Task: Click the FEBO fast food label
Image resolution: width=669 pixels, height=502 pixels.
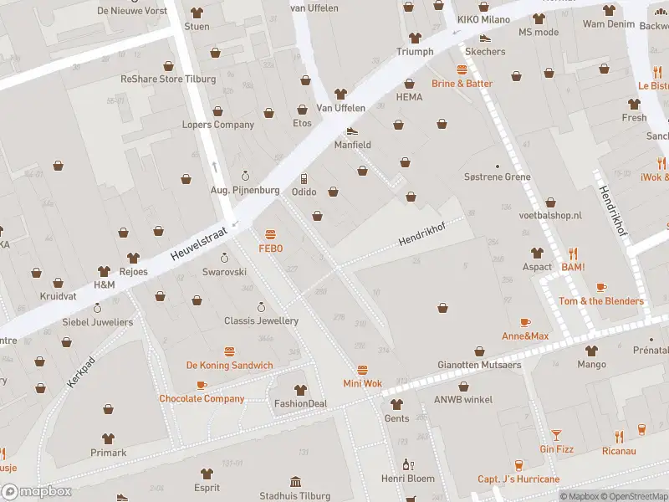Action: tap(270, 248)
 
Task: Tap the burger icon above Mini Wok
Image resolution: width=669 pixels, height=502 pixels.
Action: tap(362, 370)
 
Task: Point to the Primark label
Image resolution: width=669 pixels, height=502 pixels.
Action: tap(109, 453)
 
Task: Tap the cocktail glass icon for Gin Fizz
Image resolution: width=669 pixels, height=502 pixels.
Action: tap(556, 435)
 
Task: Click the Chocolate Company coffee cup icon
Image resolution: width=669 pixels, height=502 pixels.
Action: tap(202, 385)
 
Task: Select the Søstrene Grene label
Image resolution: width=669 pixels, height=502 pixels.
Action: tap(498, 177)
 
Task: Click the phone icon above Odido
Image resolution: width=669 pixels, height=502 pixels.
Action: tap(304, 178)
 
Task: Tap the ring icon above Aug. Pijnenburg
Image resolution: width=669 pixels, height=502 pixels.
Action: tap(245, 176)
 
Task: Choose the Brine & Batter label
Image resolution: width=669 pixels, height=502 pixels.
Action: tap(462, 84)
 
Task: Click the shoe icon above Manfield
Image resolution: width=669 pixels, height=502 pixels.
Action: tap(352, 131)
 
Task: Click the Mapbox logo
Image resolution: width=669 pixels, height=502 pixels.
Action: tap(36, 491)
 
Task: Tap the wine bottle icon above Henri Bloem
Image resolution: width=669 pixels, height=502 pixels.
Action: tap(408, 464)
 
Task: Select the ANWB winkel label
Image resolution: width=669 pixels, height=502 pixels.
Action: tap(462, 399)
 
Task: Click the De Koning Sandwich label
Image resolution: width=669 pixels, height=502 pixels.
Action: tap(229, 366)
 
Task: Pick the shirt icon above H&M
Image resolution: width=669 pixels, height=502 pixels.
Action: tap(104, 271)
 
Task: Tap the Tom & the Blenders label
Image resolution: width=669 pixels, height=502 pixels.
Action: tap(600, 301)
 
